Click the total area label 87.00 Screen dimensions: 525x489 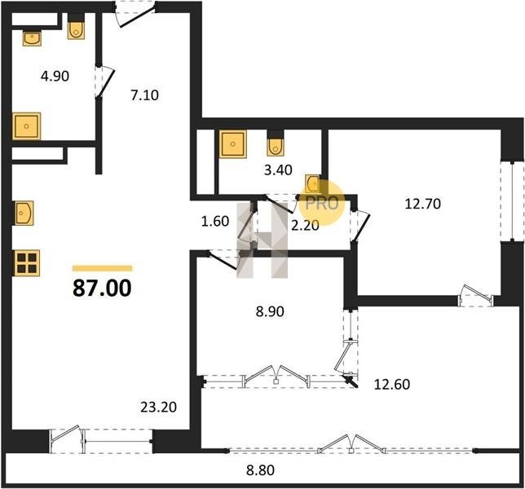tap(102, 289)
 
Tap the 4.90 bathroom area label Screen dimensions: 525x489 tap(55, 77)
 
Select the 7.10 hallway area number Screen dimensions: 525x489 tap(144, 95)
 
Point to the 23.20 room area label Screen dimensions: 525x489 tap(159, 407)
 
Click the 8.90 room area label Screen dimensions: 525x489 tap(270, 311)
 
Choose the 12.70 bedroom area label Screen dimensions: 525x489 tap(423, 204)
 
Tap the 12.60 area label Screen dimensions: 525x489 tap(392, 385)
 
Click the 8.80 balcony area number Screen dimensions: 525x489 tap(261, 470)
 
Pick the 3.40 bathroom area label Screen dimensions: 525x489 tap(278, 170)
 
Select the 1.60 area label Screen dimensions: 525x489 tap(215, 221)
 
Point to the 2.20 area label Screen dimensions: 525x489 tap(305, 226)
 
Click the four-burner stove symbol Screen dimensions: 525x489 tap(26, 263)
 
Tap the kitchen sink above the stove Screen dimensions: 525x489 tap(24, 213)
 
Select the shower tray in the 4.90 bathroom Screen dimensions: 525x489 tap(26, 126)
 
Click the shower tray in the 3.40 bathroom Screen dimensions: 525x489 tap(233, 144)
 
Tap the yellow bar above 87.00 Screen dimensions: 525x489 tap(103, 268)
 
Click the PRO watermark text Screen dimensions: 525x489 tap(322, 203)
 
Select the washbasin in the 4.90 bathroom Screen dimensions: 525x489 tap(32, 38)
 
